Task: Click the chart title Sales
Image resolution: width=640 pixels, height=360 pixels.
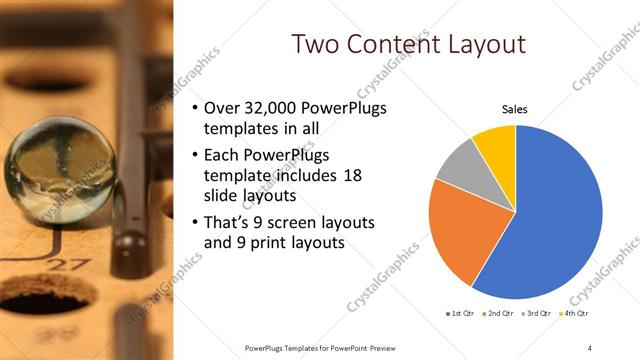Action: (x=514, y=110)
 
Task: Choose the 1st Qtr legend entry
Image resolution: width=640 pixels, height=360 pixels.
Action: (x=461, y=315)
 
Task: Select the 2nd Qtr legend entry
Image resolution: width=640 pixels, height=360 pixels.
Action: (x=498, y=315)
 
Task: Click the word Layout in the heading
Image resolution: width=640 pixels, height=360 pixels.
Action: (x=489, y=44)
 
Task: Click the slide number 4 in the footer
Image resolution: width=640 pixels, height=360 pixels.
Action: (x=591, y=347)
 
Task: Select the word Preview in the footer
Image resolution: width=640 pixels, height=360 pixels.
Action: (x=381, y=347)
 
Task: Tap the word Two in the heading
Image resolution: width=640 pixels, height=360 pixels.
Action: (x=317, y=44)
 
